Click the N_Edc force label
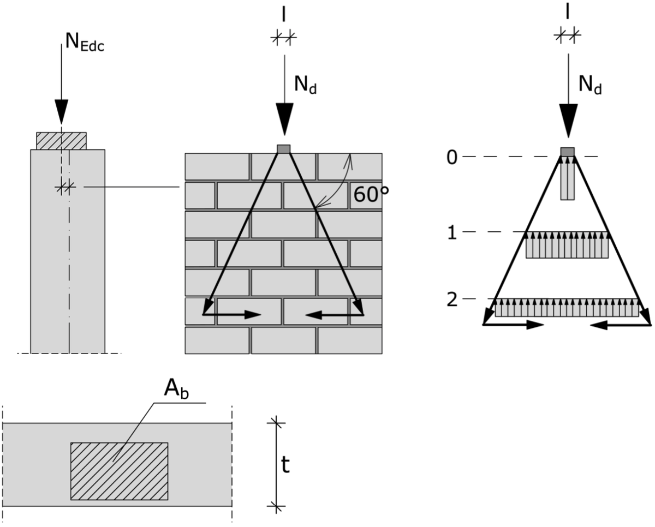[x=85, y=42]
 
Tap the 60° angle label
[x=371, y=194]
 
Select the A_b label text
[x=176, y=389]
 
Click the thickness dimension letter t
[x=285, y=465]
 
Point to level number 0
[x=452, y=158]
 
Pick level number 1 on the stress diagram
[x=452, y=233]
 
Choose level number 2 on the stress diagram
[x=452, y=300]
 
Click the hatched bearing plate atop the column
[x=62, y=141]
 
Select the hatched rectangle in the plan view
[x=120, y=471]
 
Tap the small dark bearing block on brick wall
[x=284, y=149]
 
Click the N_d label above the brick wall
[x=305, y=85]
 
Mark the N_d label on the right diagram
[x=590, y=85]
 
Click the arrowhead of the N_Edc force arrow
[x=62, y=111]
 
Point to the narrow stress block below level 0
[x=568, y=178]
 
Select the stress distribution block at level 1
[x=567, y=245]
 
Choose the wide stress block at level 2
[x=567, y=308]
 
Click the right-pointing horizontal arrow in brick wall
[x=232, y=315]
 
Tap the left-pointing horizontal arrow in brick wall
[x=335, y=315]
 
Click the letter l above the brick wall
[x=284, y=15]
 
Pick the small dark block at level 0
[x=568, y=152]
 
